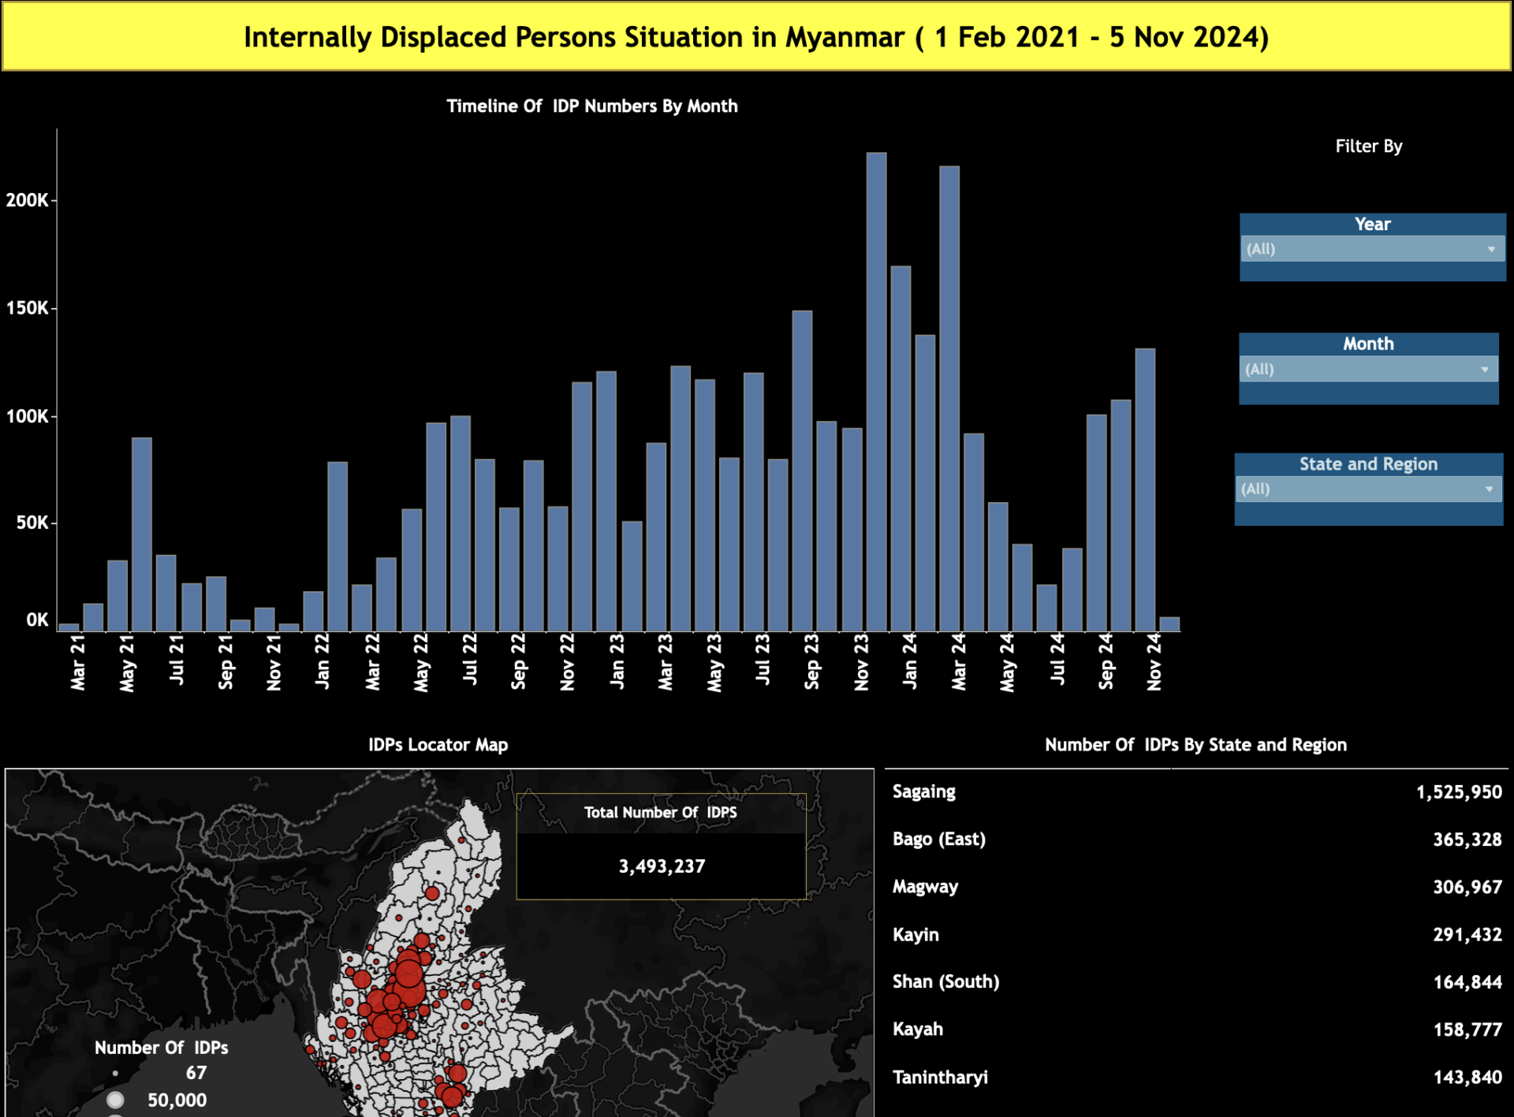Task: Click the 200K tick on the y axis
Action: [x=27, y=200]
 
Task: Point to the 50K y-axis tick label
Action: [x=32, y=523]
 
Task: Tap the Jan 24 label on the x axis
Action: [x=910, y=662]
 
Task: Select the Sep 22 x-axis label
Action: [x=518, y=662]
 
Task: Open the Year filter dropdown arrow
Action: [x=1490, y=249]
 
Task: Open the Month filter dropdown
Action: [x=1368, y=369]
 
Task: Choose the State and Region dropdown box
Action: [x=1368, y=489]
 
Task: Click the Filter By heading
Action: [x=1368, y=146]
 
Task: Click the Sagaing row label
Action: [x=923, y=791]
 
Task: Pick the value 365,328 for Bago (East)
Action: [x=1467, y=840]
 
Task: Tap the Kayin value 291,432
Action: [x=1467, y=935]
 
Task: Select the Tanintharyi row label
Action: [x=940, y=1077]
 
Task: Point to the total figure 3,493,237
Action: [x=662, y=866]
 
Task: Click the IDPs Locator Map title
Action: [x=438, y=745]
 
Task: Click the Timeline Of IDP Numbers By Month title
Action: [x=591, y=106]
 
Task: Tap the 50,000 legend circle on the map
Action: [x=116, y=1100]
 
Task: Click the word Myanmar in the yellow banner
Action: [x=845, y=37]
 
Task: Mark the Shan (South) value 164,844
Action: [x=1467, y=982]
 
